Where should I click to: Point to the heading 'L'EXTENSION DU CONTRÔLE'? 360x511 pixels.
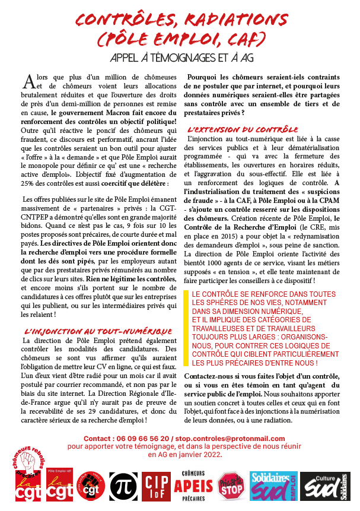243,129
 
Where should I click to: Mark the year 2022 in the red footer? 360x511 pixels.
209,455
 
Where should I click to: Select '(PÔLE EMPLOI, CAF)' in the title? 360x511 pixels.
180,39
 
